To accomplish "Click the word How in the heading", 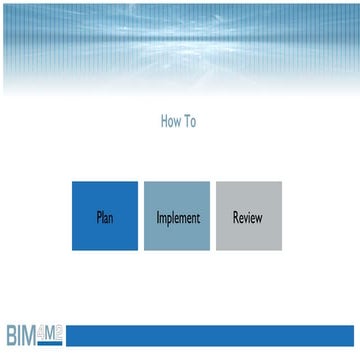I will point(170,122).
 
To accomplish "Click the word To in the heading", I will point(190,122).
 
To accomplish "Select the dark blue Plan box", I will point(105,216).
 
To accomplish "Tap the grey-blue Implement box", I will point(177,216).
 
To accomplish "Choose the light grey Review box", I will point(249,216).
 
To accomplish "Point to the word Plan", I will point(105,217).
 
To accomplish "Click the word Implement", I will point(177,217).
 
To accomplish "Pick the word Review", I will point(249,217).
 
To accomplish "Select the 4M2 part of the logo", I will point(51,330).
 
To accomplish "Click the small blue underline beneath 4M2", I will point(51,342).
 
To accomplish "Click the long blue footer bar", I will point(210,334).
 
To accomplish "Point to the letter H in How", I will point(164,122).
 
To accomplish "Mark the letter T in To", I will point(186,122).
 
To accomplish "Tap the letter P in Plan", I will point(98,217).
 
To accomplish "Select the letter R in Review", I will point(235,217).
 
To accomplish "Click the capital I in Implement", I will point(157,217).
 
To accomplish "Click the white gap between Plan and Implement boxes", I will point(141,216).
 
